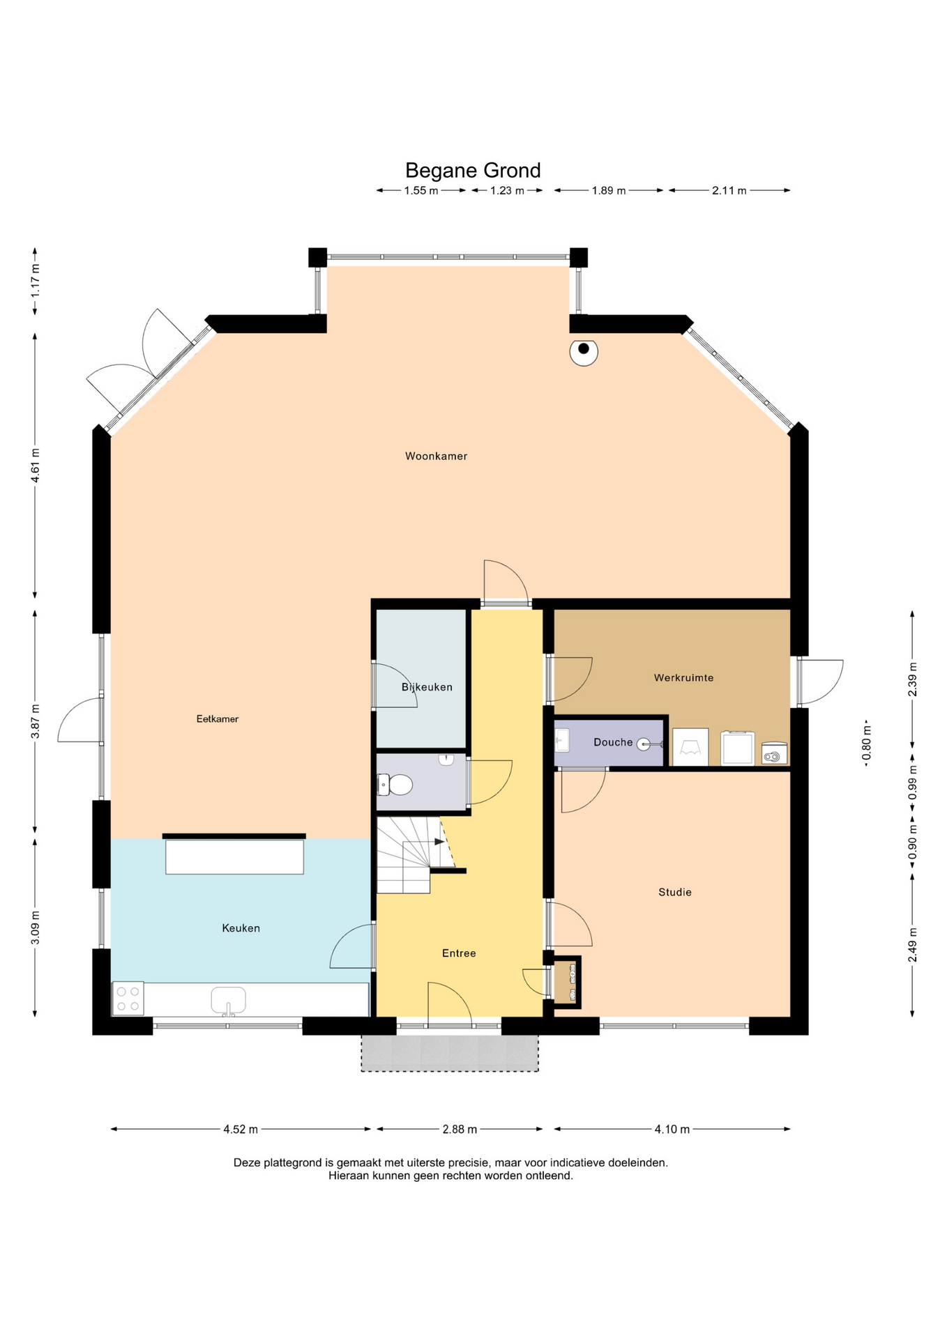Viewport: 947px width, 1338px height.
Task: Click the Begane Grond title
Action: coord(473,171)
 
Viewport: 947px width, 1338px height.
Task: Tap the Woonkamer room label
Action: coord(437,456)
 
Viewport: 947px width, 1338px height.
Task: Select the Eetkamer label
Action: coord(218,719)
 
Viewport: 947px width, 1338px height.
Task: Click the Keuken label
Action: coord(241,928)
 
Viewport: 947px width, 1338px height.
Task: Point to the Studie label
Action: coord(675,892)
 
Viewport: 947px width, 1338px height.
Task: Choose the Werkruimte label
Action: coord(683,677)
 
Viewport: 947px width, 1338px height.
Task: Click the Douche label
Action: coord(613,742)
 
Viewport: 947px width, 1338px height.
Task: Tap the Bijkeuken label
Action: coord(427,687)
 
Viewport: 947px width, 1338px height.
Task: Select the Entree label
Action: coord(459,953)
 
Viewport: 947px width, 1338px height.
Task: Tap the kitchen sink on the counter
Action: coord(228,1000)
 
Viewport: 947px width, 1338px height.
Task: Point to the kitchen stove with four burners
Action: coord(128,999)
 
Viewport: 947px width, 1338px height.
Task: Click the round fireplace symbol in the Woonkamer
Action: coord(584,351)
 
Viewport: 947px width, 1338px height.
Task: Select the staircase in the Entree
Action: coord(411,855)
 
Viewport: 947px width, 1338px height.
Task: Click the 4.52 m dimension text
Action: coord(241,1130)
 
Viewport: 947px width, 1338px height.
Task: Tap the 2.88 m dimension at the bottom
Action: coord(460,1130)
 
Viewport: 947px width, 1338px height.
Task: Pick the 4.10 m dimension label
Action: coord(672,1130)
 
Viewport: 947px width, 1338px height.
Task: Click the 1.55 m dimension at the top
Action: coord(421,190)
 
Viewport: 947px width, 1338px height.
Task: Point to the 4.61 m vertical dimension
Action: coord(35,465)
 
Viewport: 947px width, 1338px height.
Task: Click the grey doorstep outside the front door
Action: coord(450,1053)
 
